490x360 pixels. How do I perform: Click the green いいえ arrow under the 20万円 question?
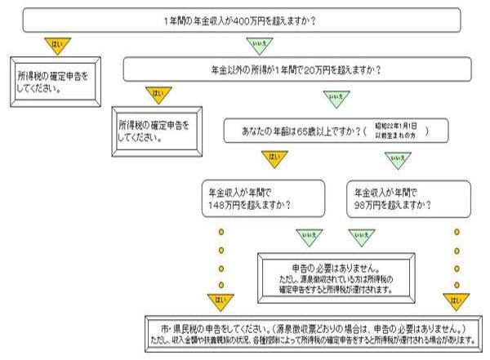click(333, 98)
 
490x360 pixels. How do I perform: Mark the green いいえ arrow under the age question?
click(398, 158)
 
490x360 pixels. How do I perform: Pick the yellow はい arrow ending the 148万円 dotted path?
click(220, 300)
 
